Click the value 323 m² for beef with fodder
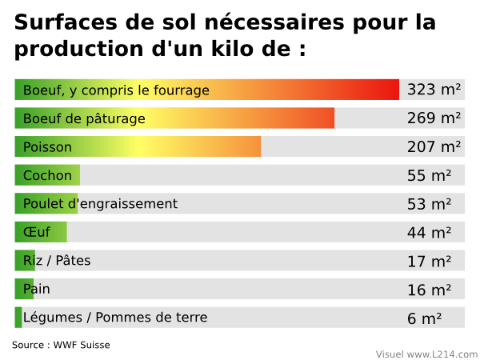(434, 90)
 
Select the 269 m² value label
(434, 118)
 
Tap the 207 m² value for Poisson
(434, 147)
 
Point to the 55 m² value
(429, 175)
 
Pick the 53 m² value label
(429, 204)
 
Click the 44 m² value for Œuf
(429, 233)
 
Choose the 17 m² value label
(429, 261)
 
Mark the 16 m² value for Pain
(429, 290)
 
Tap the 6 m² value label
(424, 318)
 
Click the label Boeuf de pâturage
(84, 118)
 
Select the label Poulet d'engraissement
(100, 204)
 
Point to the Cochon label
(47, 175)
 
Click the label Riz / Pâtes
(57, 261)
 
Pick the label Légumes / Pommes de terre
(115, 318)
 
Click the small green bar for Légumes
(18, 318)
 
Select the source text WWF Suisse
(82, 345)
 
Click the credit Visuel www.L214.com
(426, 354)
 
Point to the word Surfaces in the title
(60, 22)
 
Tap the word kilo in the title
(204, 48)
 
